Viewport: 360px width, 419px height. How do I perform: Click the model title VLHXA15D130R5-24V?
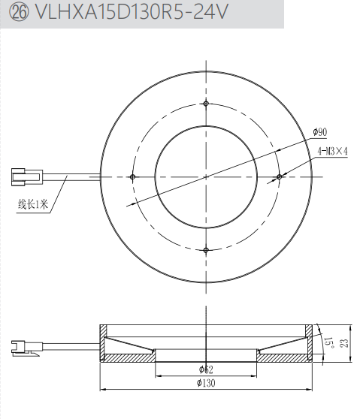pyautogui.click(x=132, y=12)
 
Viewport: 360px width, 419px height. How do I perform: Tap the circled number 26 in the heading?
pyautogui.click(x=19, y=12)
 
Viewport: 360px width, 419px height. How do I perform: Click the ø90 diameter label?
pyautogui.click(x=320, y=131)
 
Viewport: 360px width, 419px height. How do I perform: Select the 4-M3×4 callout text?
pyautogui.click(x=332, y=151)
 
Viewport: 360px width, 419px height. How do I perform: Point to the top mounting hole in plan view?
pyautogui.click(x=206, y=104)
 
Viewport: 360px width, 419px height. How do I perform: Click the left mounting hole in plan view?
pyautogui.click(x=132, y=176)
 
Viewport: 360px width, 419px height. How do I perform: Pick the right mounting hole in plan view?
pyautogui.click(x=280, y=176)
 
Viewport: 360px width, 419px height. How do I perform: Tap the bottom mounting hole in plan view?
pyautogui.click(x=206, y=250)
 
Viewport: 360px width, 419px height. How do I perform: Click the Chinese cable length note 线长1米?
pyautogui.click(x=33, y=204)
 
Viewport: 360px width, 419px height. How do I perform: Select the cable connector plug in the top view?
pyautogui.click(x=27, y=176)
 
